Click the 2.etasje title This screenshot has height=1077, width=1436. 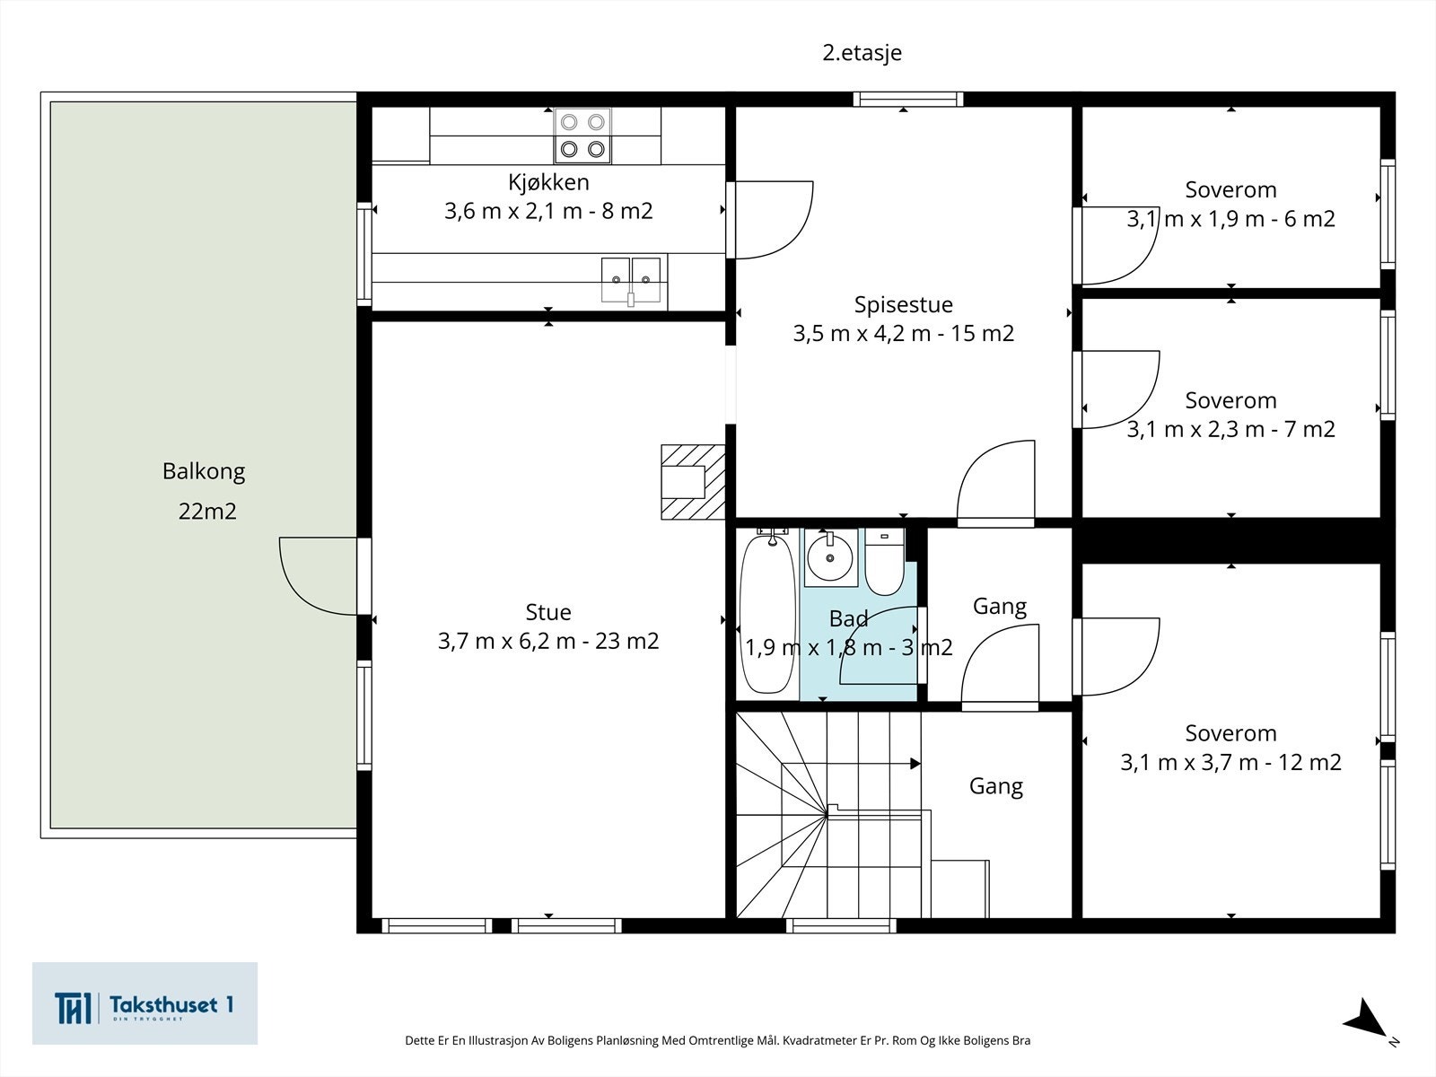(x=862, y=52)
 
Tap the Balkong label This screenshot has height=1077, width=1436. (x=204, y=471)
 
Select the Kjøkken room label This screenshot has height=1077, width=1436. (x=548, y=182)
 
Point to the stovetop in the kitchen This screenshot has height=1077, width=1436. (x=582, y=136)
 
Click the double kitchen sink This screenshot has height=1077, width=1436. (x=631, y=280)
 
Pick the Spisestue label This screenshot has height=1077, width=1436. (x=904, y=305)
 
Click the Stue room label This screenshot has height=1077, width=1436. (x=548, y=612)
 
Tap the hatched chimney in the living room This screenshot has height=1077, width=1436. (x=693, y=482)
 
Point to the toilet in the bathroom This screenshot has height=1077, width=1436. (x=885, y=562)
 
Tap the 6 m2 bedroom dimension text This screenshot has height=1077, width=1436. (x=1230, y=218)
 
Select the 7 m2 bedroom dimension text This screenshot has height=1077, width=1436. (x=1230, y=429)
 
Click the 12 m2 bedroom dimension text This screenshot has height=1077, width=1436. (x=1230, y=762)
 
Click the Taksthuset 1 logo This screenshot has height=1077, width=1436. (x=144, y=1003)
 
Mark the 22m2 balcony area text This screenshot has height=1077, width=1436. (x=207, y=512)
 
